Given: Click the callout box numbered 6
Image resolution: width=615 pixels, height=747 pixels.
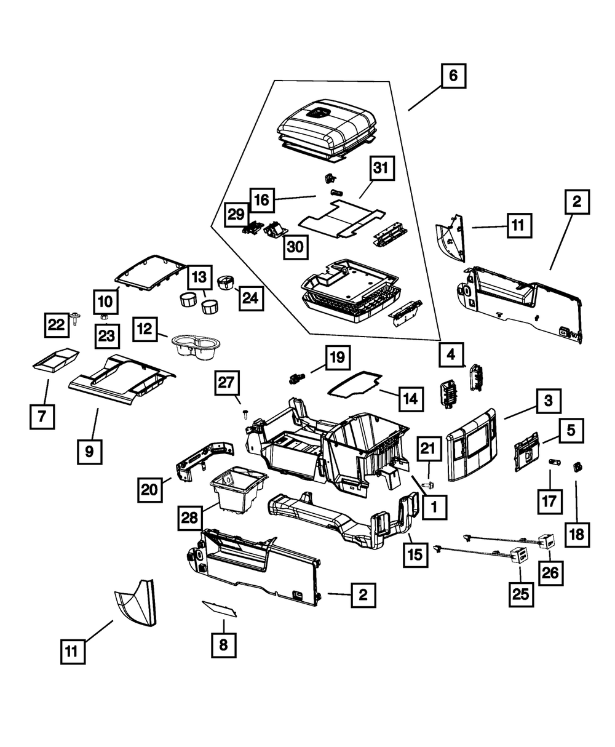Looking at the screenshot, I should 453,76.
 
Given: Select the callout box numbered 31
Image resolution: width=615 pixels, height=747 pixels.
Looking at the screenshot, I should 382,169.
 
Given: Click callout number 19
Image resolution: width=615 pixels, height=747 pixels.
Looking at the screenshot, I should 338,357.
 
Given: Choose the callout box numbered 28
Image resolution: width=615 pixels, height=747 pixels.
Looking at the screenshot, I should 190,517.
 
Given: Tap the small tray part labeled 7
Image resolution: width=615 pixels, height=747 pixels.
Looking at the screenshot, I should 55,359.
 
